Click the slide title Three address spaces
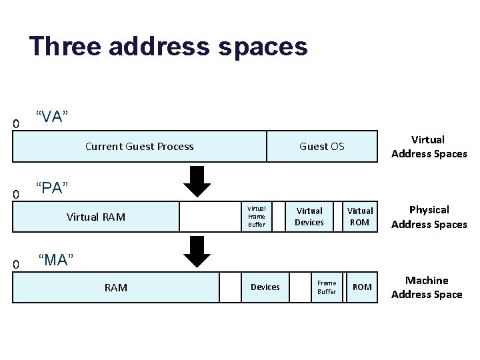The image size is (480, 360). point(168,47)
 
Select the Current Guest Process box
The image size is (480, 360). point(139,147)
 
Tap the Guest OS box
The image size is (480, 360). point(321,147)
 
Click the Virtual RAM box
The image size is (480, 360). point(96,217)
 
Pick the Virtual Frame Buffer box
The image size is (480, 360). point(256,217)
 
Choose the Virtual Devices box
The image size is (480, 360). point(309,217)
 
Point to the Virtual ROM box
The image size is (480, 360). point(360,217)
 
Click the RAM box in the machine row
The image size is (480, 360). point(116,287)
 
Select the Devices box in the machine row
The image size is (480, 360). point(265,287)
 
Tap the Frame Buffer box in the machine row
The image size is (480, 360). point(327,287)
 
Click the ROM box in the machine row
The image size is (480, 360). point(362,287)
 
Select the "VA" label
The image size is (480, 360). point(52,117)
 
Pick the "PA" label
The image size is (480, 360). point(52,189)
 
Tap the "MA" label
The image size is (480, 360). point(55,259)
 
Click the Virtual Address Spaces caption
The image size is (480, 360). point(429,147)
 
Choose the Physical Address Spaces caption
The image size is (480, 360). point(429,217)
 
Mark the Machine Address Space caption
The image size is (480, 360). point(427,287)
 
